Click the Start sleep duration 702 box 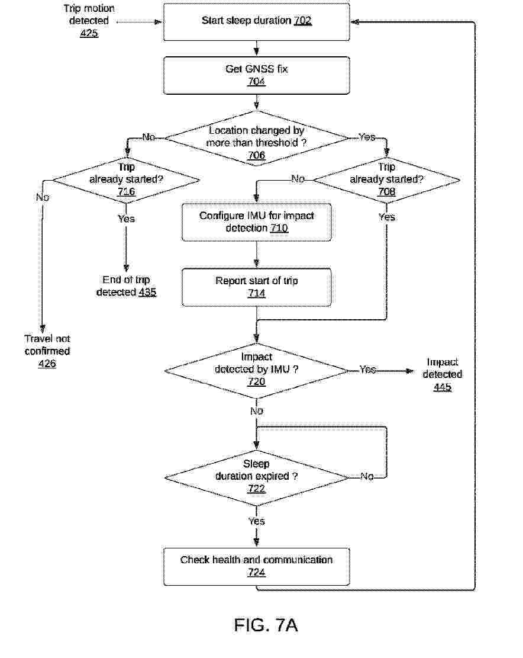pyautogui.click(x=257, y=22)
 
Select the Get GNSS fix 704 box pyautogui.click(x=257, y=76)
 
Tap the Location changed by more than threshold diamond pyautogui.click(x=257, y=138)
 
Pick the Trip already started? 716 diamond pyautogui.click(x=126, y=180)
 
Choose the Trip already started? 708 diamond pyautogui.click(x=386, y=180)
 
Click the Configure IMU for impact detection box pyautogui.click(x=257, y=223)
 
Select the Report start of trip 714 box pyautogui.click(x=257, y=287)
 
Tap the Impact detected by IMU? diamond pyautogui.click(x=257, y=371)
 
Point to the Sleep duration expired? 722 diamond pyautogui.click(x=257, y=477)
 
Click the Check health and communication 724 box pyautogui.click(x=257, y=567)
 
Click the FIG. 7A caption pyautogui.click(x=266, y=625)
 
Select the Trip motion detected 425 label pyautogui.click(x=89, y=21)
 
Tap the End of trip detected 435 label pyautogui.click(x=126, y=286)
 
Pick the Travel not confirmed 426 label pyautogui.click(x=47, y=351)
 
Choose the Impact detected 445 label pyautogui.click(x=442, y=374)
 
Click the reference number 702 pyautogui.click(x=302, y=21)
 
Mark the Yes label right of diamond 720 pyautogui.click(x=367, y=370)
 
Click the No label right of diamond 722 pyautogui.click(x=367, y=476)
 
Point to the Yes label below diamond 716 pyautogui.click(x=126, y=219)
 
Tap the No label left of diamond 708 pyautogui.click(x=298, y=179)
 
